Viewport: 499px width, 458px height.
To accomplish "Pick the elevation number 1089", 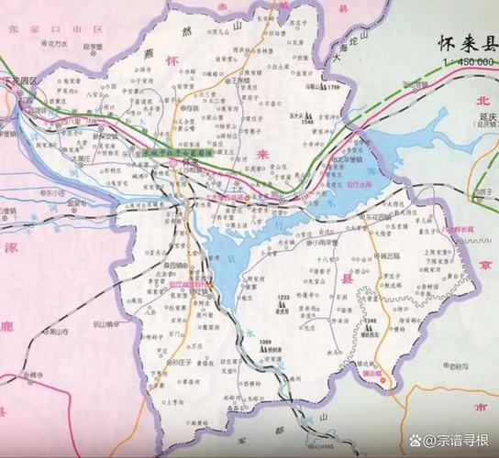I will [266, 342].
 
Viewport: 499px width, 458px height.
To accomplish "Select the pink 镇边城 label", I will [373, 375].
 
